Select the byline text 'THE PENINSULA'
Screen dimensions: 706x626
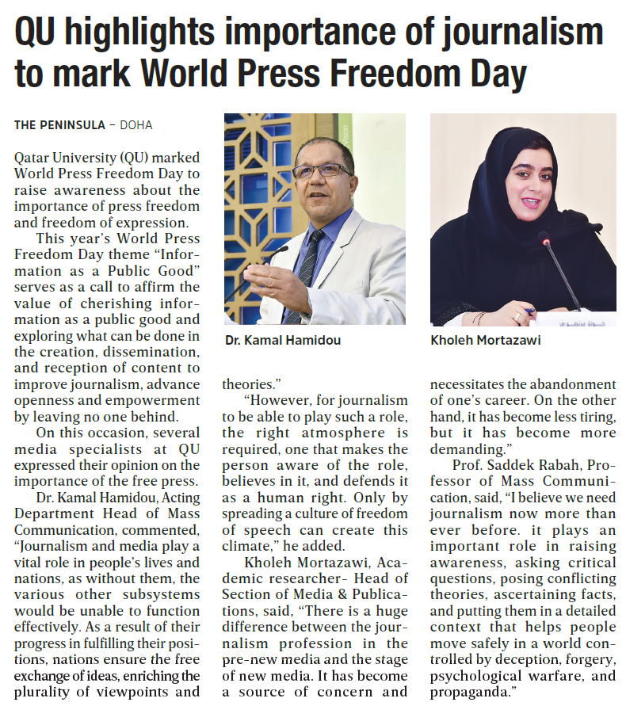pos(58,125)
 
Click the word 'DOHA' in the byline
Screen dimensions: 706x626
pos(136,125)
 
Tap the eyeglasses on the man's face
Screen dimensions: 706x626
pos(322,171)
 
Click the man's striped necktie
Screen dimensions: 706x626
pos(306,269)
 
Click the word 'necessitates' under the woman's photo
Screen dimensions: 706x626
pos(471,384)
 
